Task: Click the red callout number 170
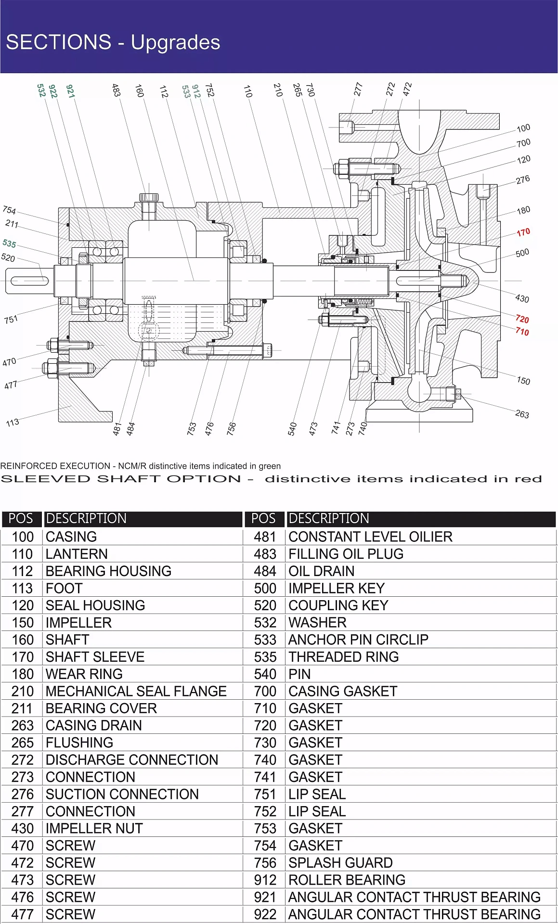point(523,232)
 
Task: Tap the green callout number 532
point(41,90)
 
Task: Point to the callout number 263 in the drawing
point(522,414)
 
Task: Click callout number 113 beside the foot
point(13,423)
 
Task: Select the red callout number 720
point(522,319)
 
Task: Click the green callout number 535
point(9,243)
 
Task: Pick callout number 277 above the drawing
point(358,89)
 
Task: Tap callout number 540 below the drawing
point(292,429)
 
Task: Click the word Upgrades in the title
point(175,42)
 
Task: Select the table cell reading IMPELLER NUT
point(94,828)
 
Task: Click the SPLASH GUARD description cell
point(340,862)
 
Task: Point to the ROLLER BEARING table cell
point(347,880)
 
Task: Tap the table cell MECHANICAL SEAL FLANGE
point(136,691)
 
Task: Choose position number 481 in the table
point(265,537)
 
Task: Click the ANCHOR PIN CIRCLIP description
point(358,640)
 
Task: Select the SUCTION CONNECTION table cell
point(122,794)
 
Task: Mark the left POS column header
point(21,518)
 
